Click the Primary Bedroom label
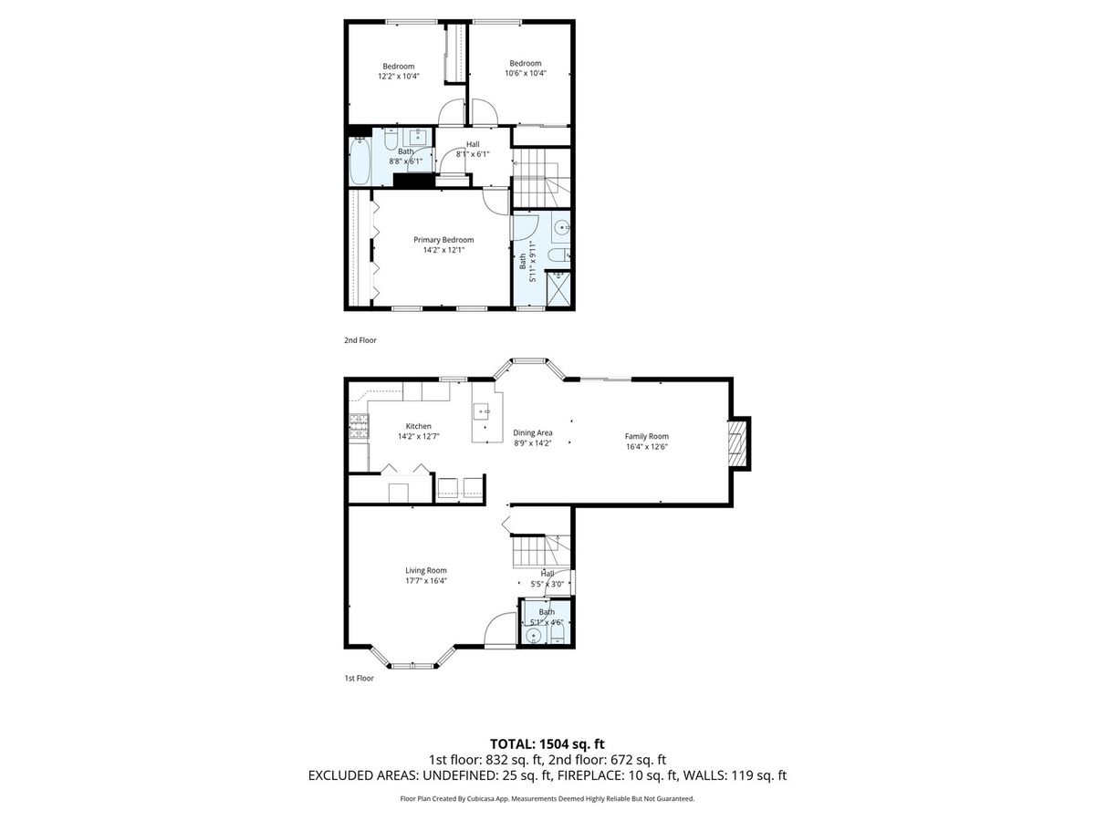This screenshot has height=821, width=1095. pos(443,240)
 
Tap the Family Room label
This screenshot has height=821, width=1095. pos(647,436)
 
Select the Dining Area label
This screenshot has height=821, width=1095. pos(532,432)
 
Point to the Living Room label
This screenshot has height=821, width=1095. pos(425,570)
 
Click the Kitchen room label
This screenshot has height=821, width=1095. pos(418,426)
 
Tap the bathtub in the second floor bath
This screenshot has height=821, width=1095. pos(360,161)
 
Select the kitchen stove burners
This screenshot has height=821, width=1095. pos(359,427)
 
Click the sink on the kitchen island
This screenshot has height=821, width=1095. pos(482,411)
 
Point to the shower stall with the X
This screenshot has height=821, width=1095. pos(558,289)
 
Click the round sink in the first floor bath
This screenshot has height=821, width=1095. pos(533,636)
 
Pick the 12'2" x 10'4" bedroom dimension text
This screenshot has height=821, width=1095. pos(398,77)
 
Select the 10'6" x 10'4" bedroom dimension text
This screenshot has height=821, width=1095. pos(526,73)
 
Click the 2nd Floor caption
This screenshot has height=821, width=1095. pos(360,340)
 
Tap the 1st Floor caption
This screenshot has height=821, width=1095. pos(359,678)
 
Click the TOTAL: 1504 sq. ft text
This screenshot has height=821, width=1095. pos(547,744)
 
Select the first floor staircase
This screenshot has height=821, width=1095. pos(541,551)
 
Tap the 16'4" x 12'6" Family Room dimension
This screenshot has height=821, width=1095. pos(647,447)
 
